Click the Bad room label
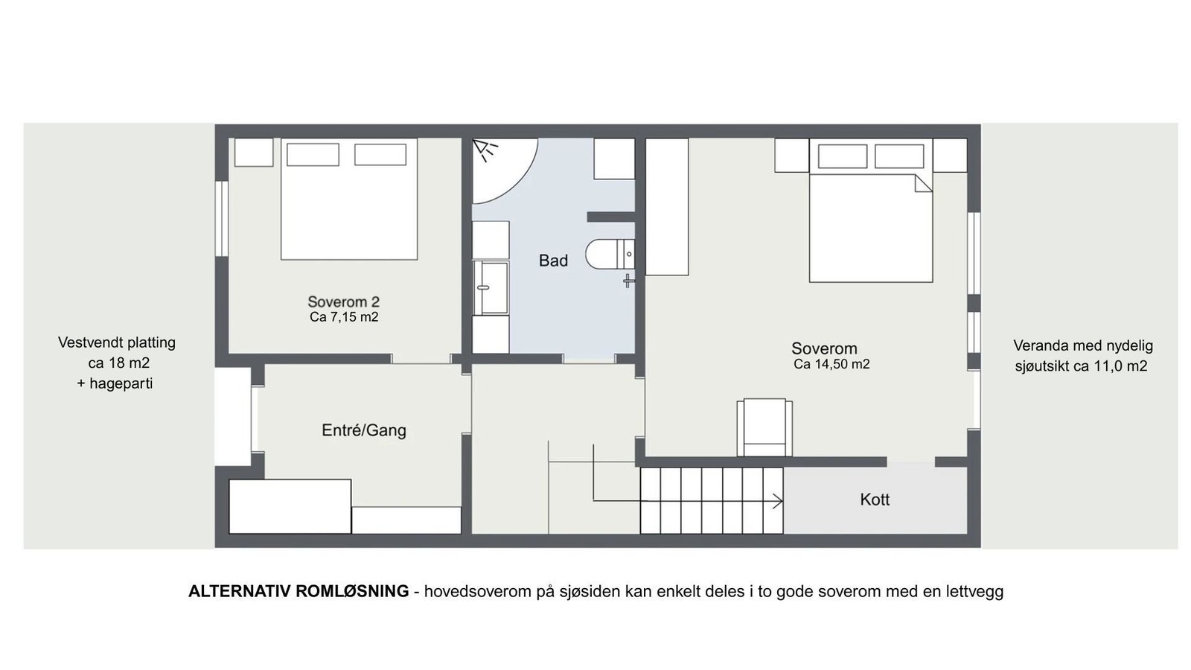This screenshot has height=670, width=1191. tap(553, 261)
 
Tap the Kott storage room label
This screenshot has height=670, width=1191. tap(875, 500)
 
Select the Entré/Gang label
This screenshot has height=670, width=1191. tap(364, 430)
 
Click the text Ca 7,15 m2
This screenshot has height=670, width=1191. tap(344, 317)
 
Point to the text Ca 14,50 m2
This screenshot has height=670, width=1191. tap(831, 364)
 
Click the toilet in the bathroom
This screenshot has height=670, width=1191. tap(607, 254)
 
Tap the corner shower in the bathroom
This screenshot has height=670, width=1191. tap(499, 167)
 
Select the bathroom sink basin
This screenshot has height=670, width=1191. tap(491, 287)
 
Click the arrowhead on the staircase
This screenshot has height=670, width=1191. tap(779, 501)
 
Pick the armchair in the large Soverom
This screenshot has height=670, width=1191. tap(764, 427)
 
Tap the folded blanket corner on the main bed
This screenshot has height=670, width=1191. tap(923, 182)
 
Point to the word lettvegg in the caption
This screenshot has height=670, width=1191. tap(974, 591)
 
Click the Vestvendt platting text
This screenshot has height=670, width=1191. tap(117, 343)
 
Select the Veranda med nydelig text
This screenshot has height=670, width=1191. tap(1082, 345)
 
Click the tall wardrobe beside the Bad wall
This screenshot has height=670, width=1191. tap(666, 206)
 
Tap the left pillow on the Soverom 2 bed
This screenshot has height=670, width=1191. tap(313, 154)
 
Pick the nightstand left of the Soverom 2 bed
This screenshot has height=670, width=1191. tap(254, 152)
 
